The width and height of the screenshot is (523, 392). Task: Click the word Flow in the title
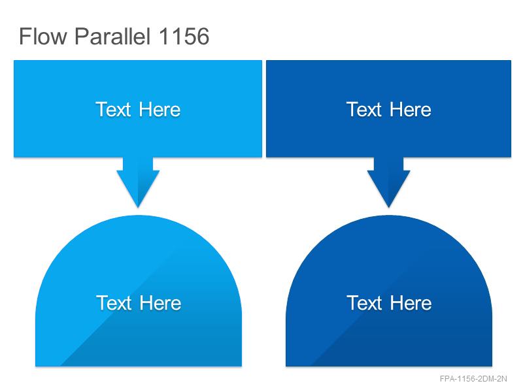43,36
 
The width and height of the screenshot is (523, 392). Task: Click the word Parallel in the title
112,36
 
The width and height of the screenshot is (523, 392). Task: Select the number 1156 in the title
184,36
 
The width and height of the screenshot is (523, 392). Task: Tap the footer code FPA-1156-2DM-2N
473,379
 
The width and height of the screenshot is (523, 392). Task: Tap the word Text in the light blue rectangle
113,109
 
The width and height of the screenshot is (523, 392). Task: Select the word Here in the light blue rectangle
160,109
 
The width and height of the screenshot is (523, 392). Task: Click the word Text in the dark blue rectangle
364,109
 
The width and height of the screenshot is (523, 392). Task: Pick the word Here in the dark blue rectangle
411,109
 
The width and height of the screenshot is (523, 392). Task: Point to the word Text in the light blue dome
114,302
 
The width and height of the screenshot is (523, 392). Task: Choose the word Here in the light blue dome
160,302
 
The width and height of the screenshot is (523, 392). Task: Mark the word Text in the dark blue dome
364,302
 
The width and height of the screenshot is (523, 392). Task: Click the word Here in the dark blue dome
411,302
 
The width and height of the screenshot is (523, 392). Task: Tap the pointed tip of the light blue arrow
138,208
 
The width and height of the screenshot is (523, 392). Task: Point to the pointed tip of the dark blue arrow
388,208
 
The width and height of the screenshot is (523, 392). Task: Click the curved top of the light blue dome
139,216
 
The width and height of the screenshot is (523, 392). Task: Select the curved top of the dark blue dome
389,216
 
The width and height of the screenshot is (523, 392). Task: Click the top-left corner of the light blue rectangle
14,61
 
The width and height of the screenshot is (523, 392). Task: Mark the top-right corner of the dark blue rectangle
511,61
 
